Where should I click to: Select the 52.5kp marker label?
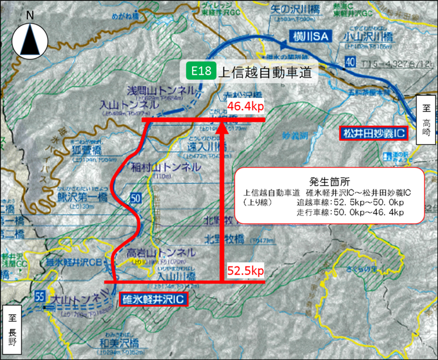[x=245, y=270]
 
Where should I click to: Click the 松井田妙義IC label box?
[x=372, y=132]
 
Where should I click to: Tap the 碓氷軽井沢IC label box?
[x=153, y=298]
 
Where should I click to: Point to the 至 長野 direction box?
[x=12, y=328]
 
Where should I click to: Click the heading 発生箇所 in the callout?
[x=329, y=181]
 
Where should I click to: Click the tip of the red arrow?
[x=222, y=126]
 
